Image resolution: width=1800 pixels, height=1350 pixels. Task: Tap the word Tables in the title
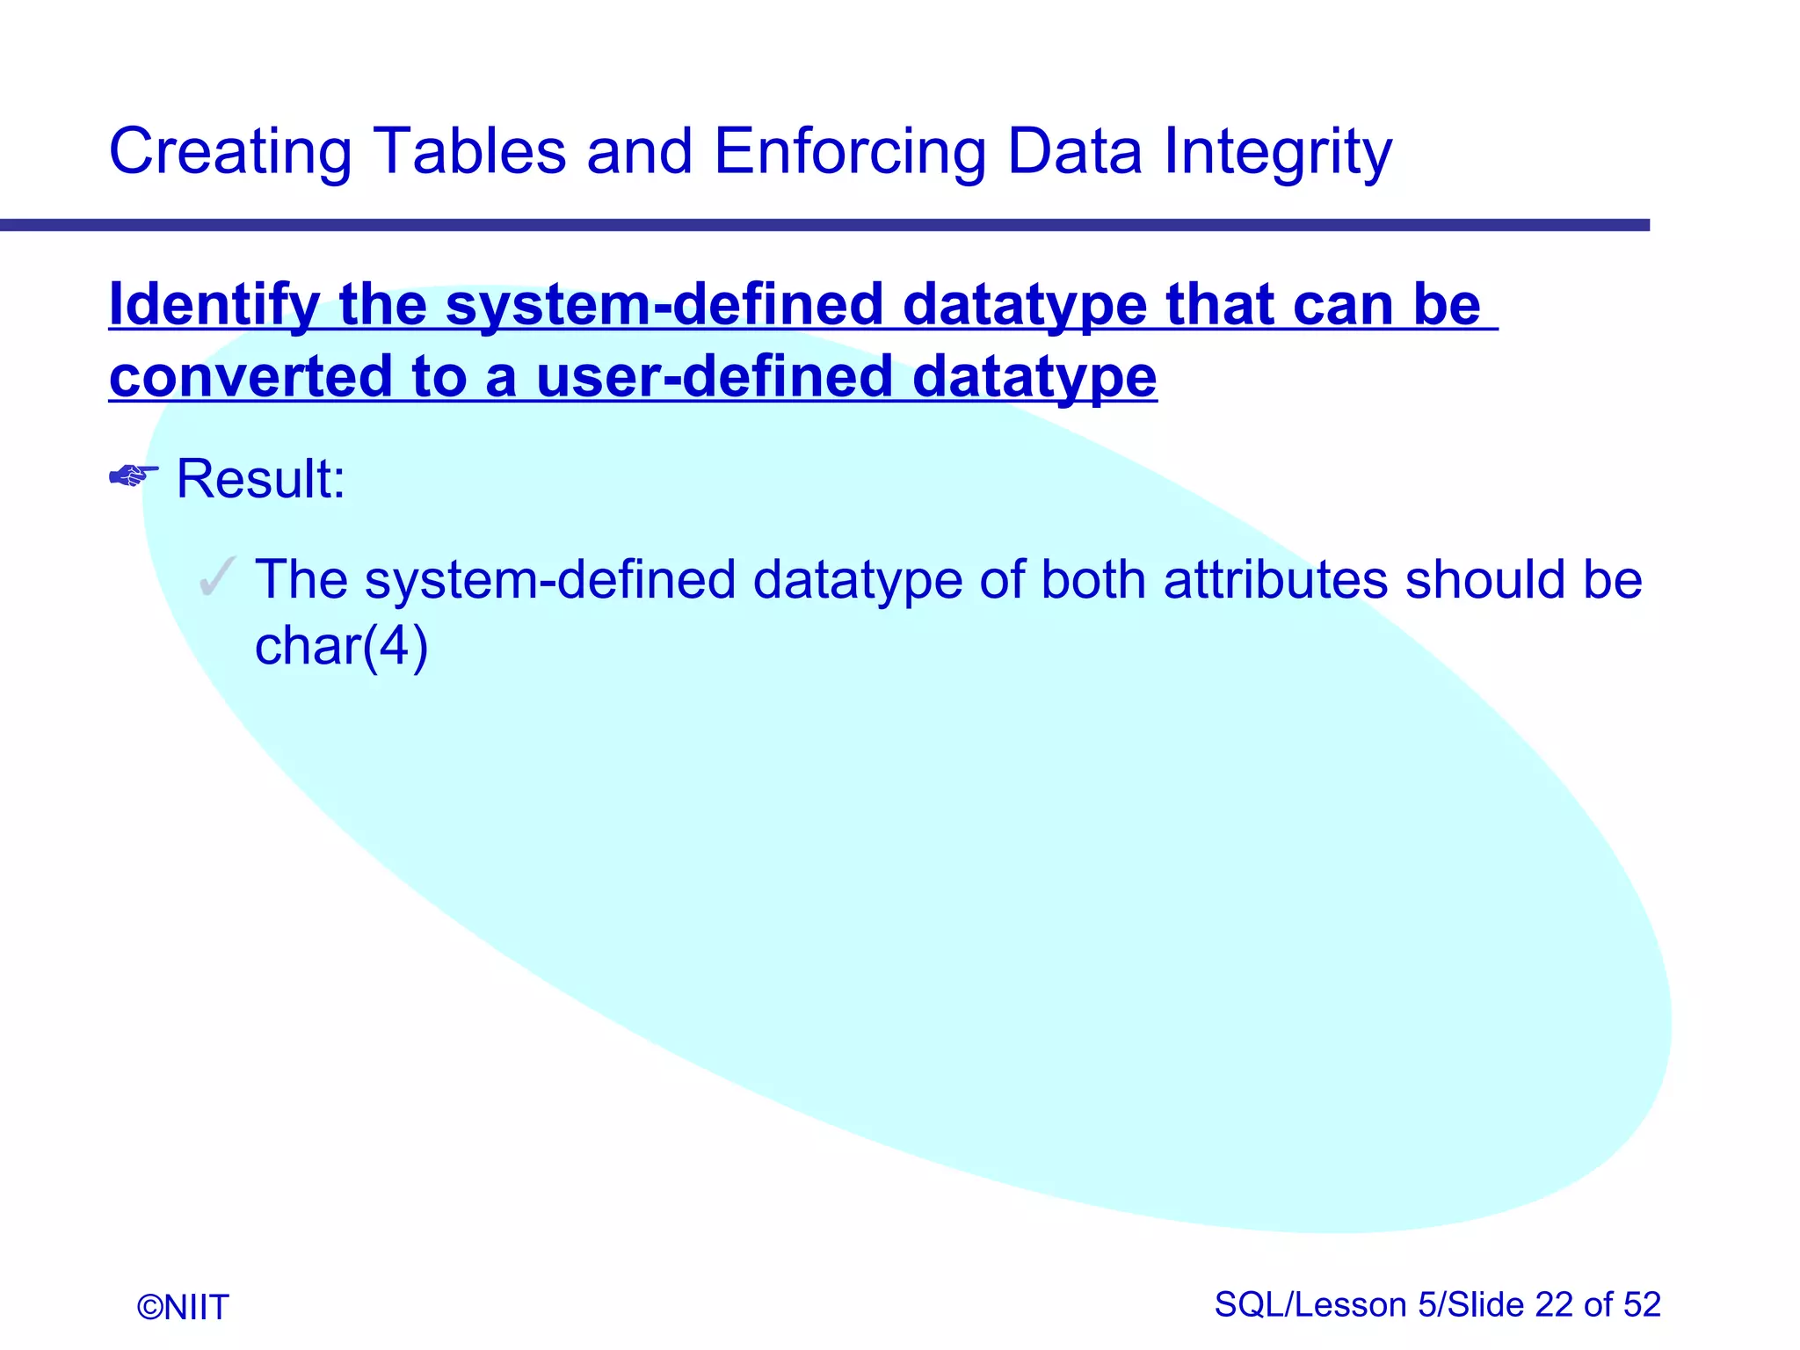[469, 151]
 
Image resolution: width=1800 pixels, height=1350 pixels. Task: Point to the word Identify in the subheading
[214, 305]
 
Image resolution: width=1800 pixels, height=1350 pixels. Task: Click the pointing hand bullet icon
[133, 475]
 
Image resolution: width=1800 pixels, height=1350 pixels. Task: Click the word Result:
[261, 479]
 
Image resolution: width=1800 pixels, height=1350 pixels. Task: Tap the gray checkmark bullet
[217, 577]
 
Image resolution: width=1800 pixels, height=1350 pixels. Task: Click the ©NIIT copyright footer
[183, 1307]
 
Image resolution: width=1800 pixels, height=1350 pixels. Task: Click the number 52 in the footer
[1642, 1304]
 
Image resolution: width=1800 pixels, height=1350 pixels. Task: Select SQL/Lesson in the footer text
[1310, 1304]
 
